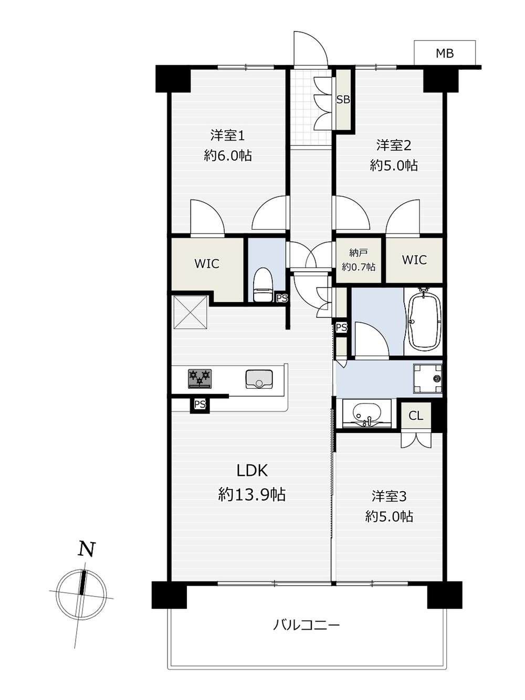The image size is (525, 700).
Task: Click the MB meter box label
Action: (445, 54)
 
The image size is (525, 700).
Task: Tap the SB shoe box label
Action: (343, 100)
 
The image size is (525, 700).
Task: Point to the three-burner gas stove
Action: (200, 378)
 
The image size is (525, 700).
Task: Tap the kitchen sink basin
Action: (259, 379)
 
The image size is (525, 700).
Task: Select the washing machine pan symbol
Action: (428, 379)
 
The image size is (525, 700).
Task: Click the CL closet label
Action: (416, 416)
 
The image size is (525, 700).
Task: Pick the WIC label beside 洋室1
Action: (207, 264)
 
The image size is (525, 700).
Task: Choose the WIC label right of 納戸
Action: (414, 260)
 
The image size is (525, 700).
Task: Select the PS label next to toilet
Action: (282, 299)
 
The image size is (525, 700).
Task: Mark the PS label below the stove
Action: (200, 405)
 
